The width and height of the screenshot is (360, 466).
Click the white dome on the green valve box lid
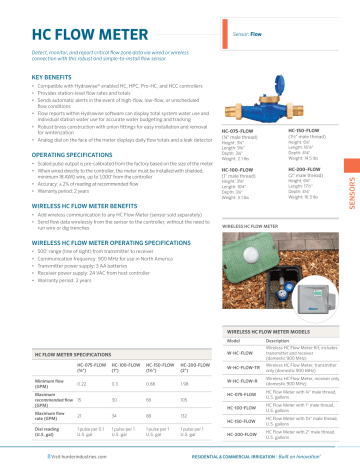(x=263, y=236)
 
